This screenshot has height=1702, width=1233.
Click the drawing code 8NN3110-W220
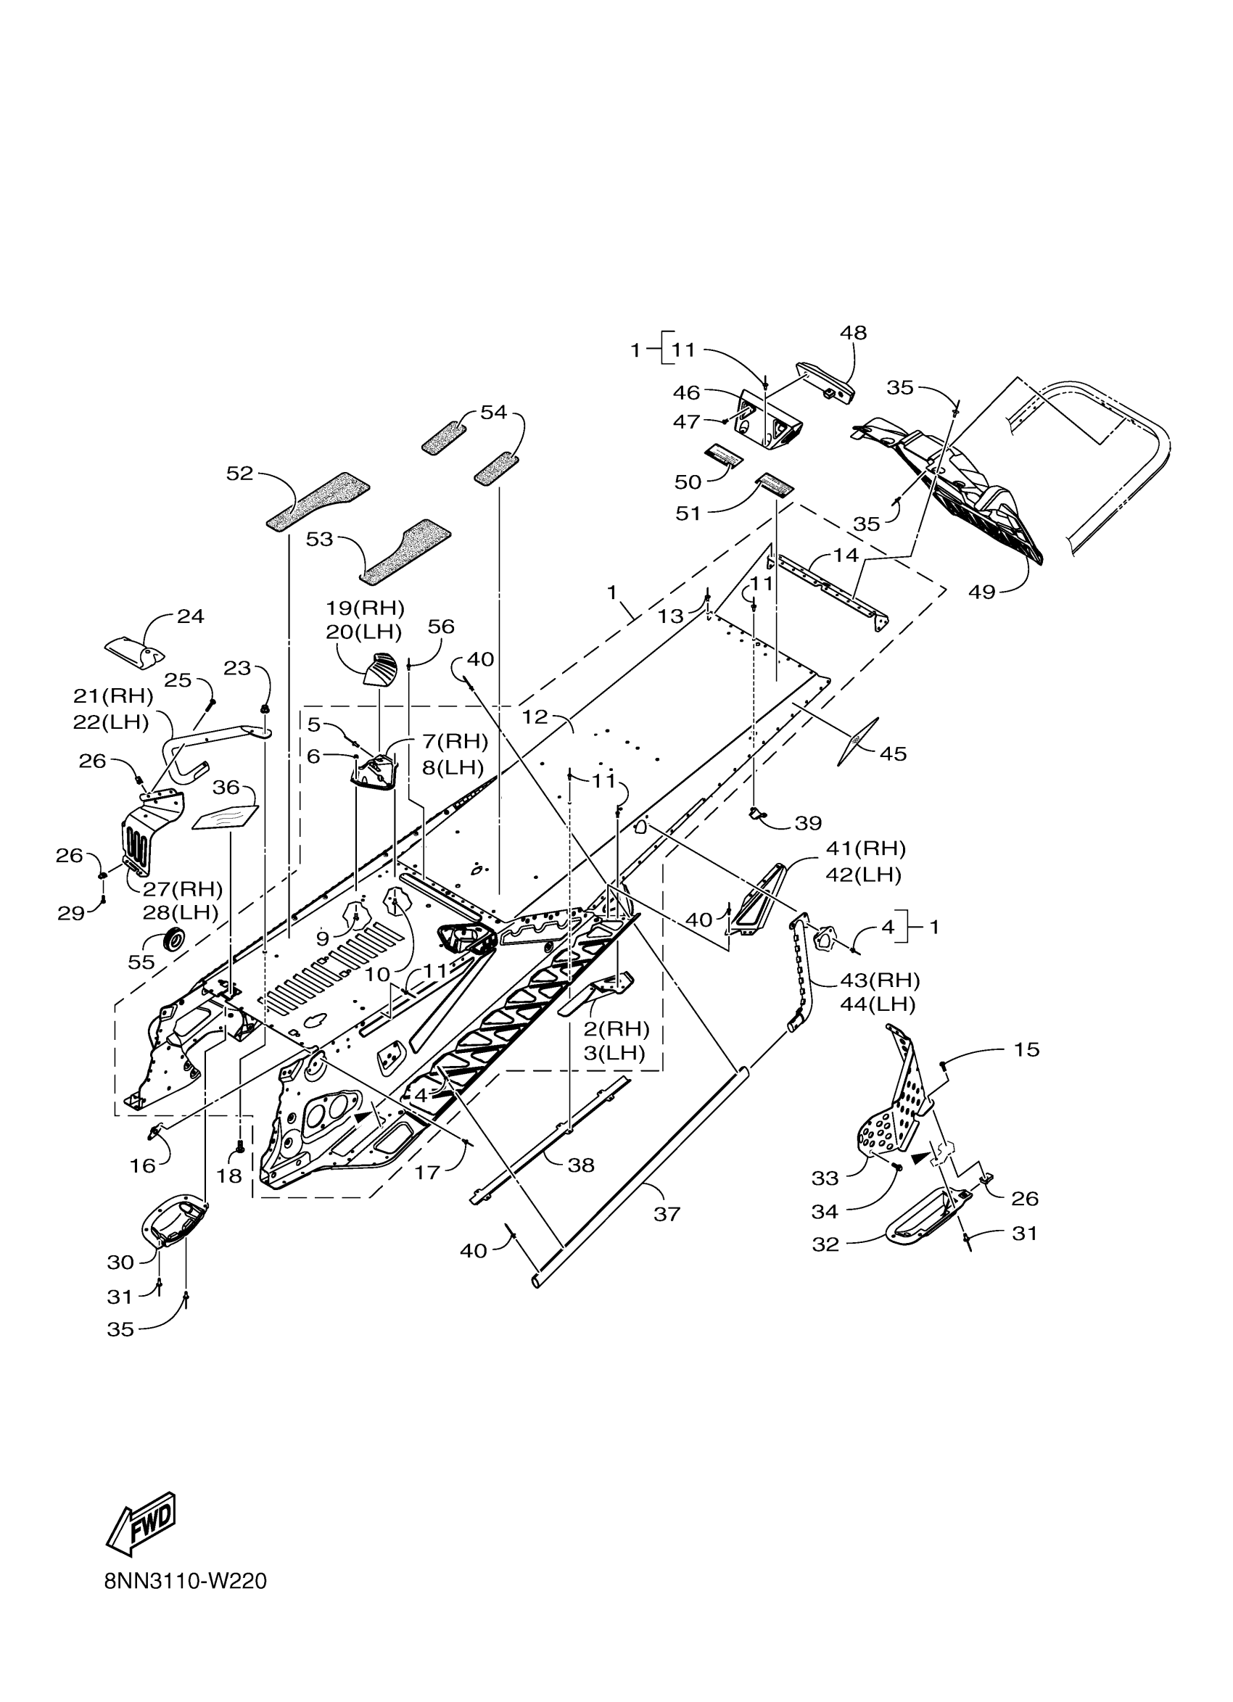[186, 1581]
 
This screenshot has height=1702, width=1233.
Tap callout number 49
[981, 592]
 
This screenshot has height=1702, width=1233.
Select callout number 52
[240, 474]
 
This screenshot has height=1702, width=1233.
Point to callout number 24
[191, 616]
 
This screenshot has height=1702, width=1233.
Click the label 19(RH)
[365, 607]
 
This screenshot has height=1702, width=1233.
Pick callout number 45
[893, 753]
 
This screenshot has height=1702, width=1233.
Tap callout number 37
[667, 1213]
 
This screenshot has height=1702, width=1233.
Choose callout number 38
[581, 1165]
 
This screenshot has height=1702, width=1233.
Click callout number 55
[141, 962]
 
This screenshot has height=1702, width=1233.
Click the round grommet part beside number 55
[174, 939]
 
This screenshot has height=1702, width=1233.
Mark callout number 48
[853, 332]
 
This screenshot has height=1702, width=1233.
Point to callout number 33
[825, 1178]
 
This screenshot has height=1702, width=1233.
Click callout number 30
[121, 1263]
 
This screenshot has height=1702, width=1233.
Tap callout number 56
[441, 627]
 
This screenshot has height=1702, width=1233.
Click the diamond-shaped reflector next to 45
[857, 742]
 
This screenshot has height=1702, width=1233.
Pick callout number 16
[143, 1165]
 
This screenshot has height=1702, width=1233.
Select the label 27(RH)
[182, 888]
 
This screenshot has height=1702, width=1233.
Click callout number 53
[320, 539]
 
